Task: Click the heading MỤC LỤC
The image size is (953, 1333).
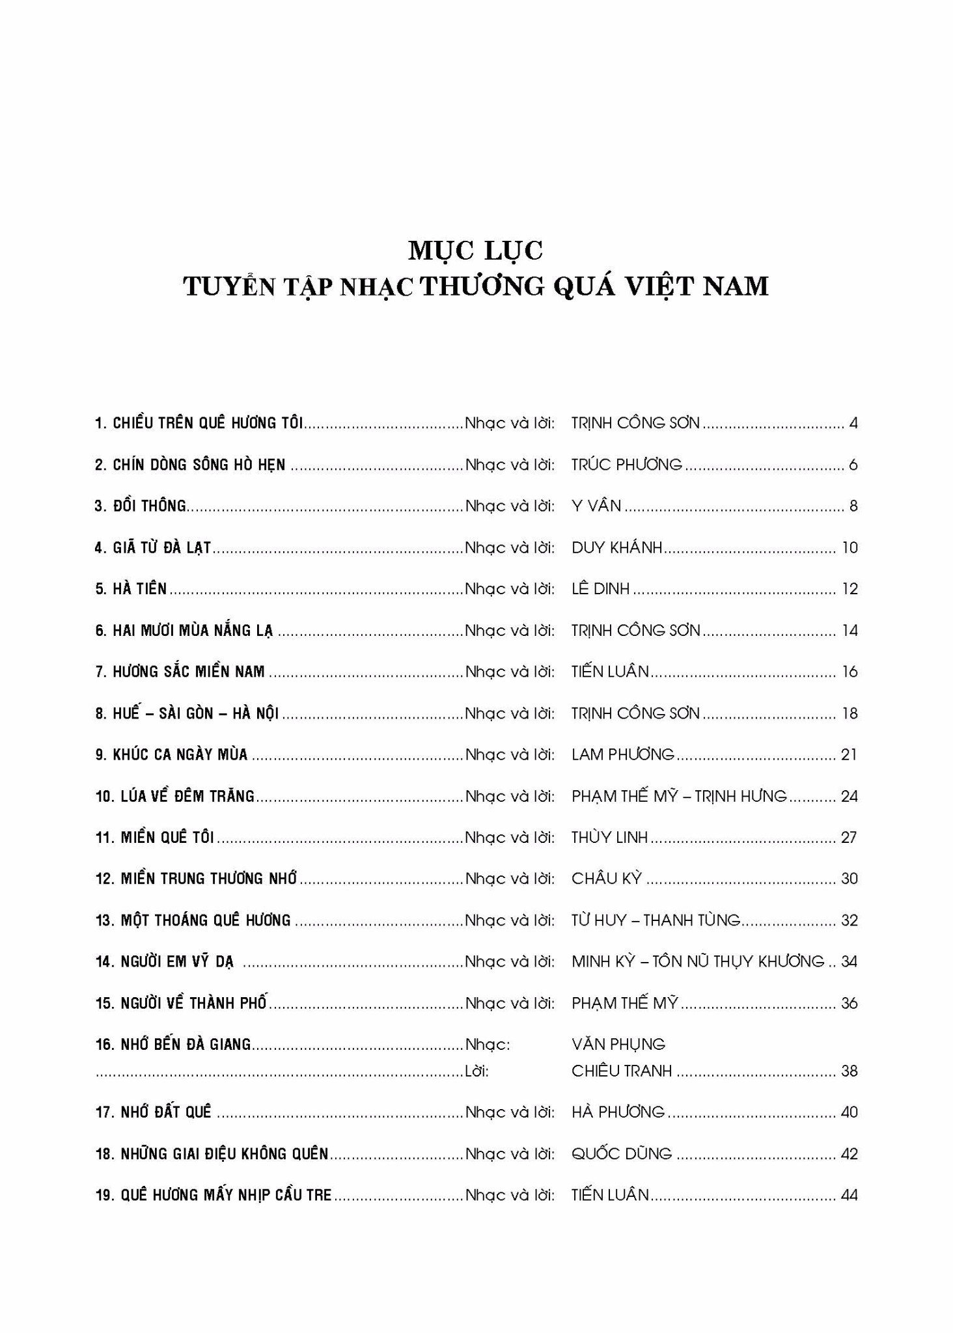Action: pos(476,251)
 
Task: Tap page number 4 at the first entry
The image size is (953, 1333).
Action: pos(853,423)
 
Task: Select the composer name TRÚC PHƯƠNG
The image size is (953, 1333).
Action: pos(627,465)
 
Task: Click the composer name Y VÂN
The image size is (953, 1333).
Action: pos(596,506)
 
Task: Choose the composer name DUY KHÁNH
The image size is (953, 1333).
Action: pos(616,547)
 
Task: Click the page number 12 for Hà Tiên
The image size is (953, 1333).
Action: pos(849,589)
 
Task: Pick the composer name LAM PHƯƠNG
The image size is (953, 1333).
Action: pos(623,754)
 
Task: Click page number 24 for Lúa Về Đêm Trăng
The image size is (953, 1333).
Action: pos(849,796)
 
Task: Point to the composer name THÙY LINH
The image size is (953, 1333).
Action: pos(610,837)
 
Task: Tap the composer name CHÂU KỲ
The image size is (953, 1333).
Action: pos(607,879)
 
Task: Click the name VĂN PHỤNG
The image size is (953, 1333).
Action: pos(618,1044)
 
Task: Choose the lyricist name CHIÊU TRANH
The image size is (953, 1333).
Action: pos(622,1071)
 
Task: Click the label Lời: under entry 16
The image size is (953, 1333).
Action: pos(477,1071)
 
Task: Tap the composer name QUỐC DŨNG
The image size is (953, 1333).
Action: pos(622,1153)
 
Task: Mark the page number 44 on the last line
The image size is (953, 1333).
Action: pos(849,1195)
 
